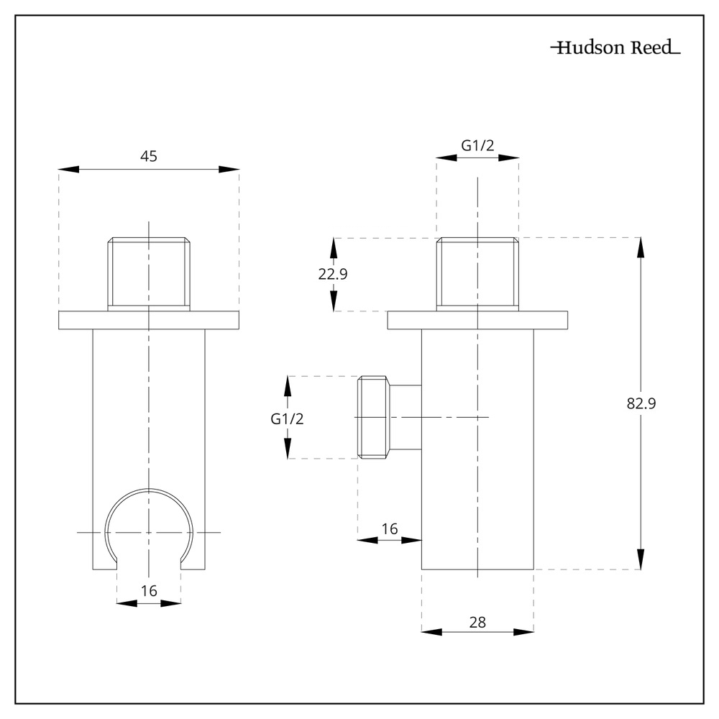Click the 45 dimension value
[149, 155]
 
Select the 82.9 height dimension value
[641, 403]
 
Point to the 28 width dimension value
[477, 623]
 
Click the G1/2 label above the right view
[477, 145]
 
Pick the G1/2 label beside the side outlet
[287, 418]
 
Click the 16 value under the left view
[149, 591]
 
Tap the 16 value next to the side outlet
[390, 529]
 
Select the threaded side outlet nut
[374, 417]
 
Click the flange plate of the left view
[149, 320]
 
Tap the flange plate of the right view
[477, 320]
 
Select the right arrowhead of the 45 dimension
[229, 169]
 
